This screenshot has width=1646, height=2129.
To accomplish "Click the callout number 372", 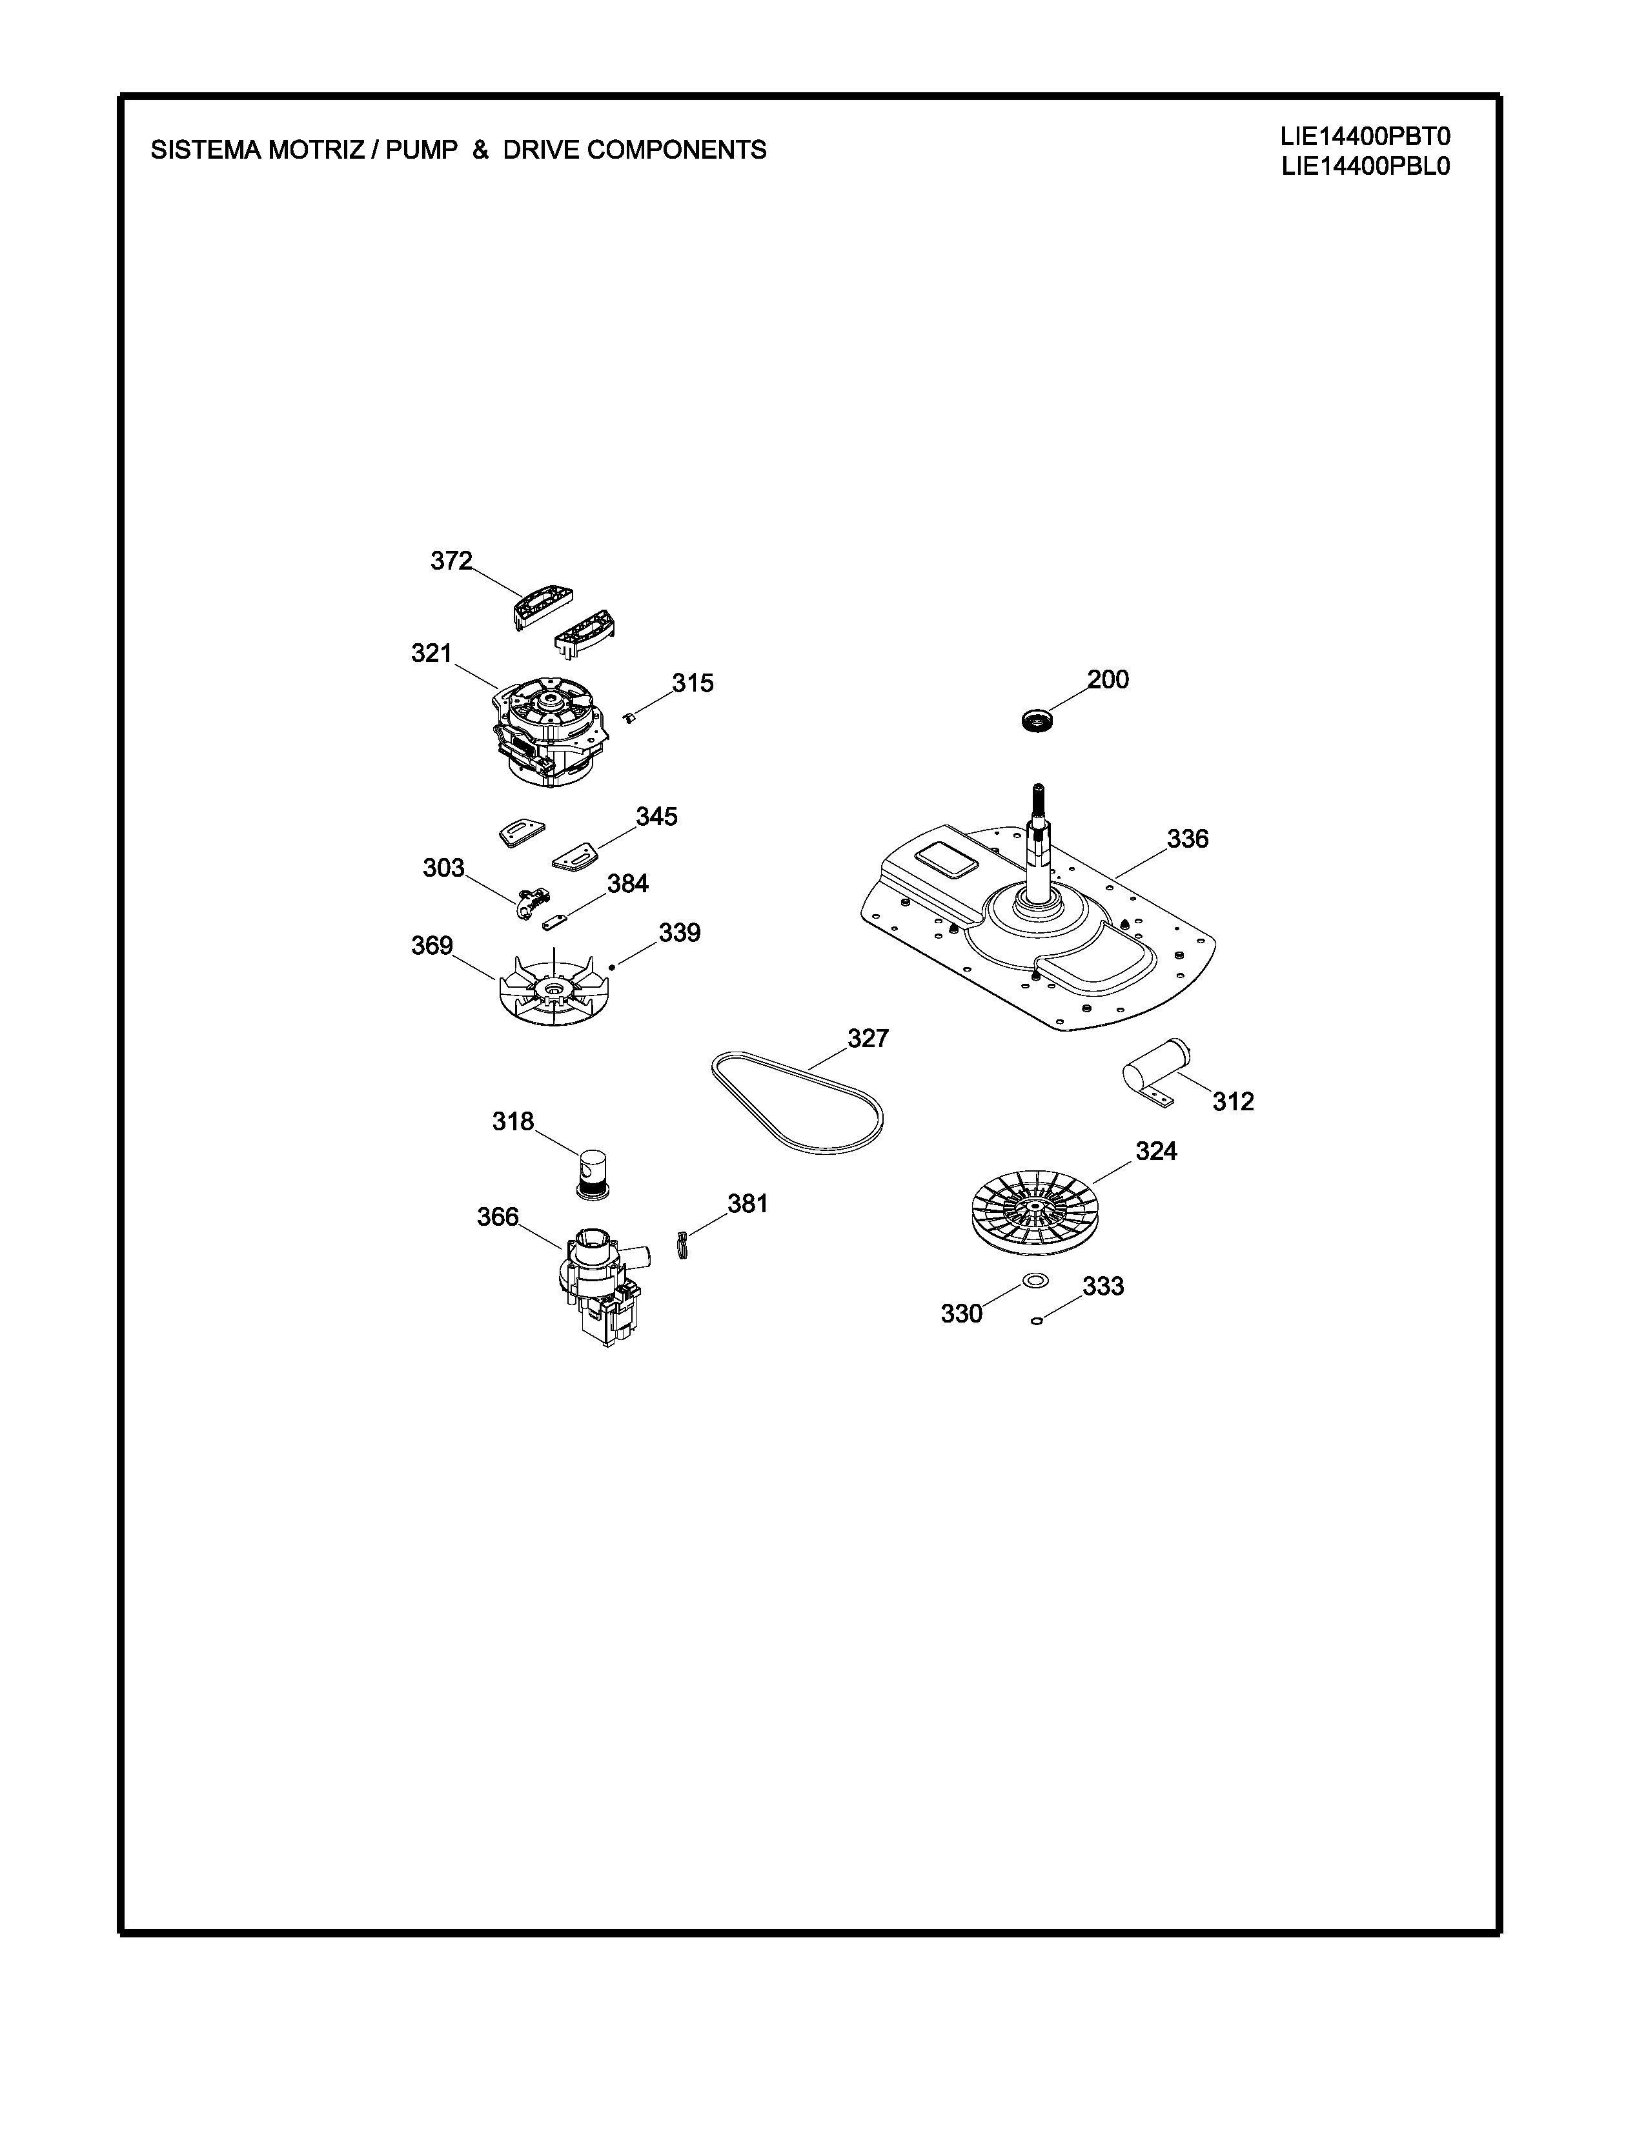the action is click(451, 561).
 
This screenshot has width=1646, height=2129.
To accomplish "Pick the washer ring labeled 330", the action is click(1035, 1280).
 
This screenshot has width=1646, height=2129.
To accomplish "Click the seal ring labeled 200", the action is click(1037, 721).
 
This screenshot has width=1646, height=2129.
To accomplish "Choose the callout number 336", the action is click(1188, 838).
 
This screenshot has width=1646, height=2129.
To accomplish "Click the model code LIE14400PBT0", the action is click(1365, 137).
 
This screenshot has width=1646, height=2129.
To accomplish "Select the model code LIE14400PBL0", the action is click(1365, 166).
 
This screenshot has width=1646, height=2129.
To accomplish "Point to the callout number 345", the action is click(656, 816).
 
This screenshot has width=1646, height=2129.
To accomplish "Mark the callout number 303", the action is click(443, 868).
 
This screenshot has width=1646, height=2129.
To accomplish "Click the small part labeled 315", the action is click(630, 719).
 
